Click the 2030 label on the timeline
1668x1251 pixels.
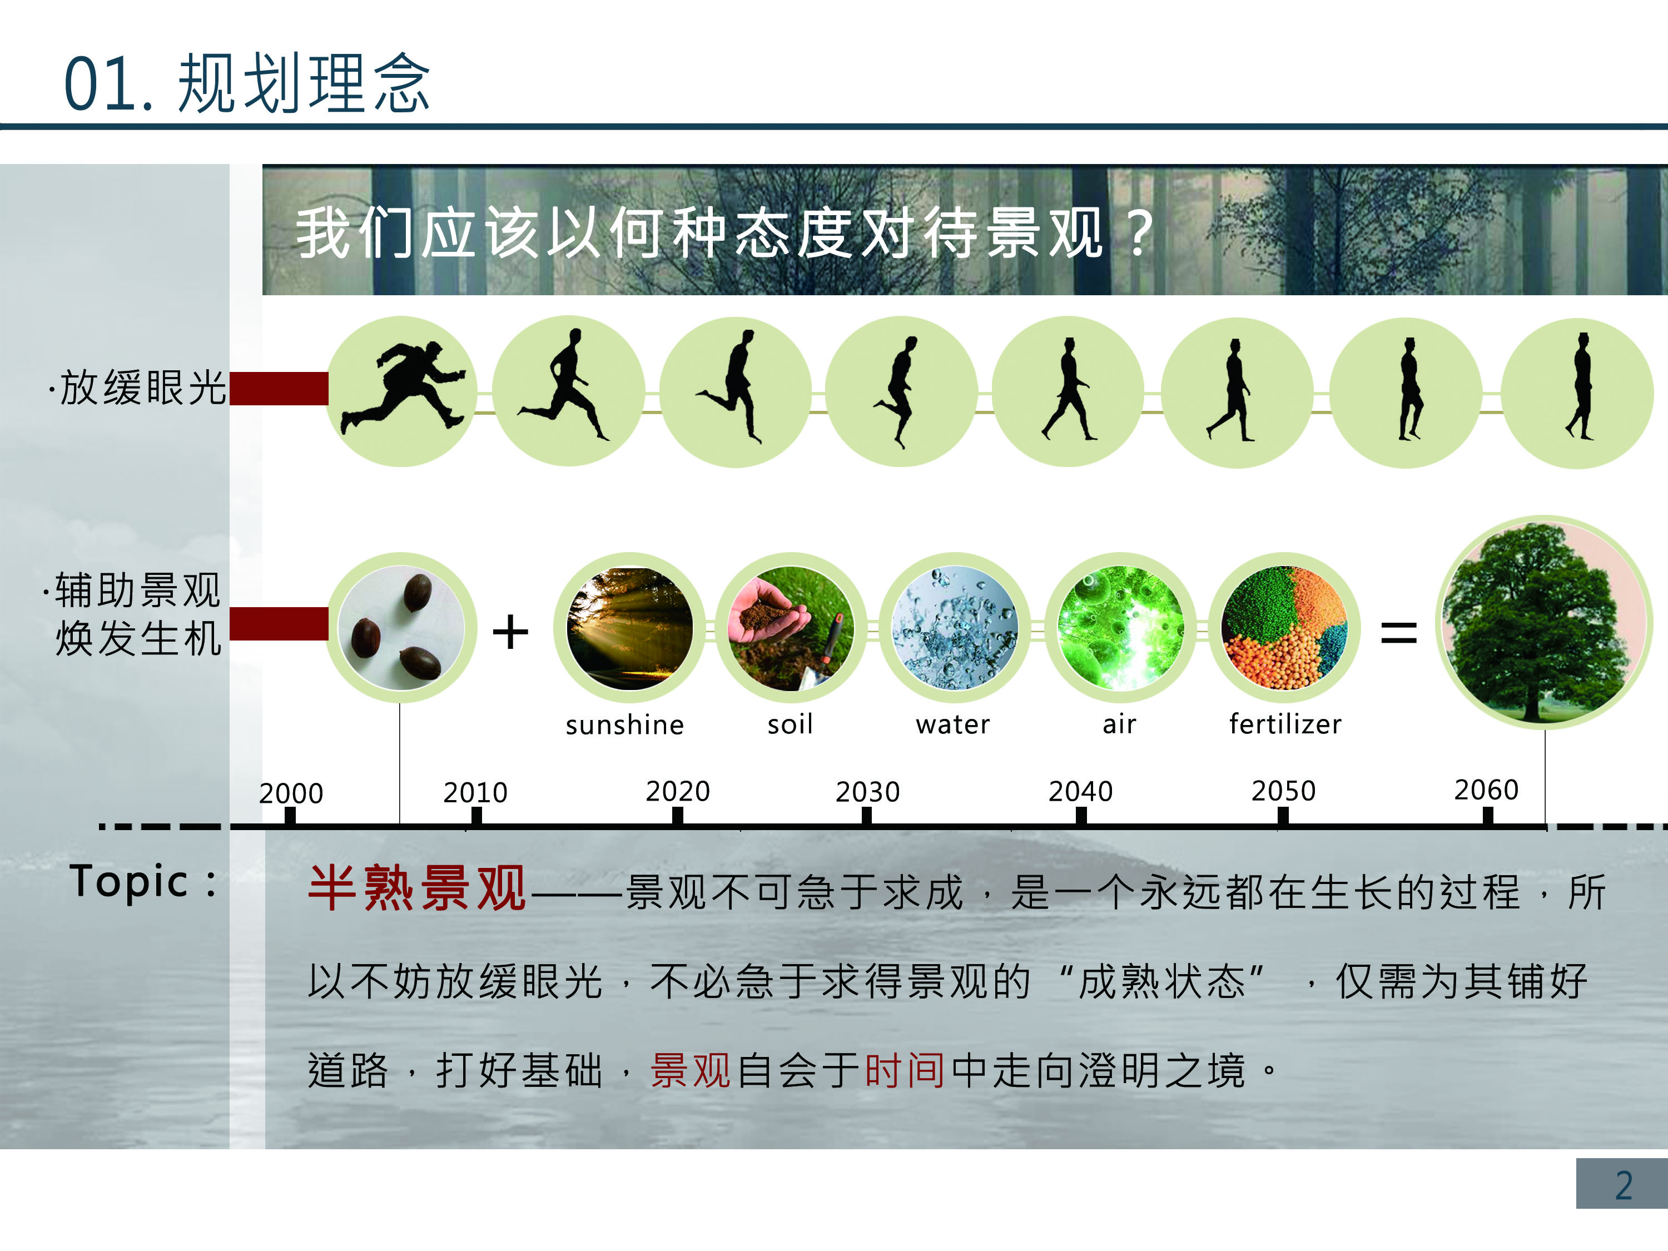[x=867, y=792]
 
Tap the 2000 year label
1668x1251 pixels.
[x=291, y=793]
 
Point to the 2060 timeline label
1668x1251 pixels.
[x=1486, y=790]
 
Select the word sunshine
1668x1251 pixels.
[x=624, y=724]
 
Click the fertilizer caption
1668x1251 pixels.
[x=1285, y=724]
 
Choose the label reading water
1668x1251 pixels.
[x=952, y=724]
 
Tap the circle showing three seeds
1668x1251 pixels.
[x=401, y=628]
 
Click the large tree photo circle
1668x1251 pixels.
[x=1543, y=622]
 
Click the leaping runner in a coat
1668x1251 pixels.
[x=402, y=388]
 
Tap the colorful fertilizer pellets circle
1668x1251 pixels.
[x=1284, y=628]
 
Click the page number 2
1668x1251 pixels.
[x=1624, y=1185]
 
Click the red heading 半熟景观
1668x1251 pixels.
[x=417, y=888]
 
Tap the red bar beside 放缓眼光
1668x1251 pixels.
[x=279, y=388]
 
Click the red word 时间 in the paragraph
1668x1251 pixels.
[x=904, y=1070]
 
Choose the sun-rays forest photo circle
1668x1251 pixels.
[x=629, y=628]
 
